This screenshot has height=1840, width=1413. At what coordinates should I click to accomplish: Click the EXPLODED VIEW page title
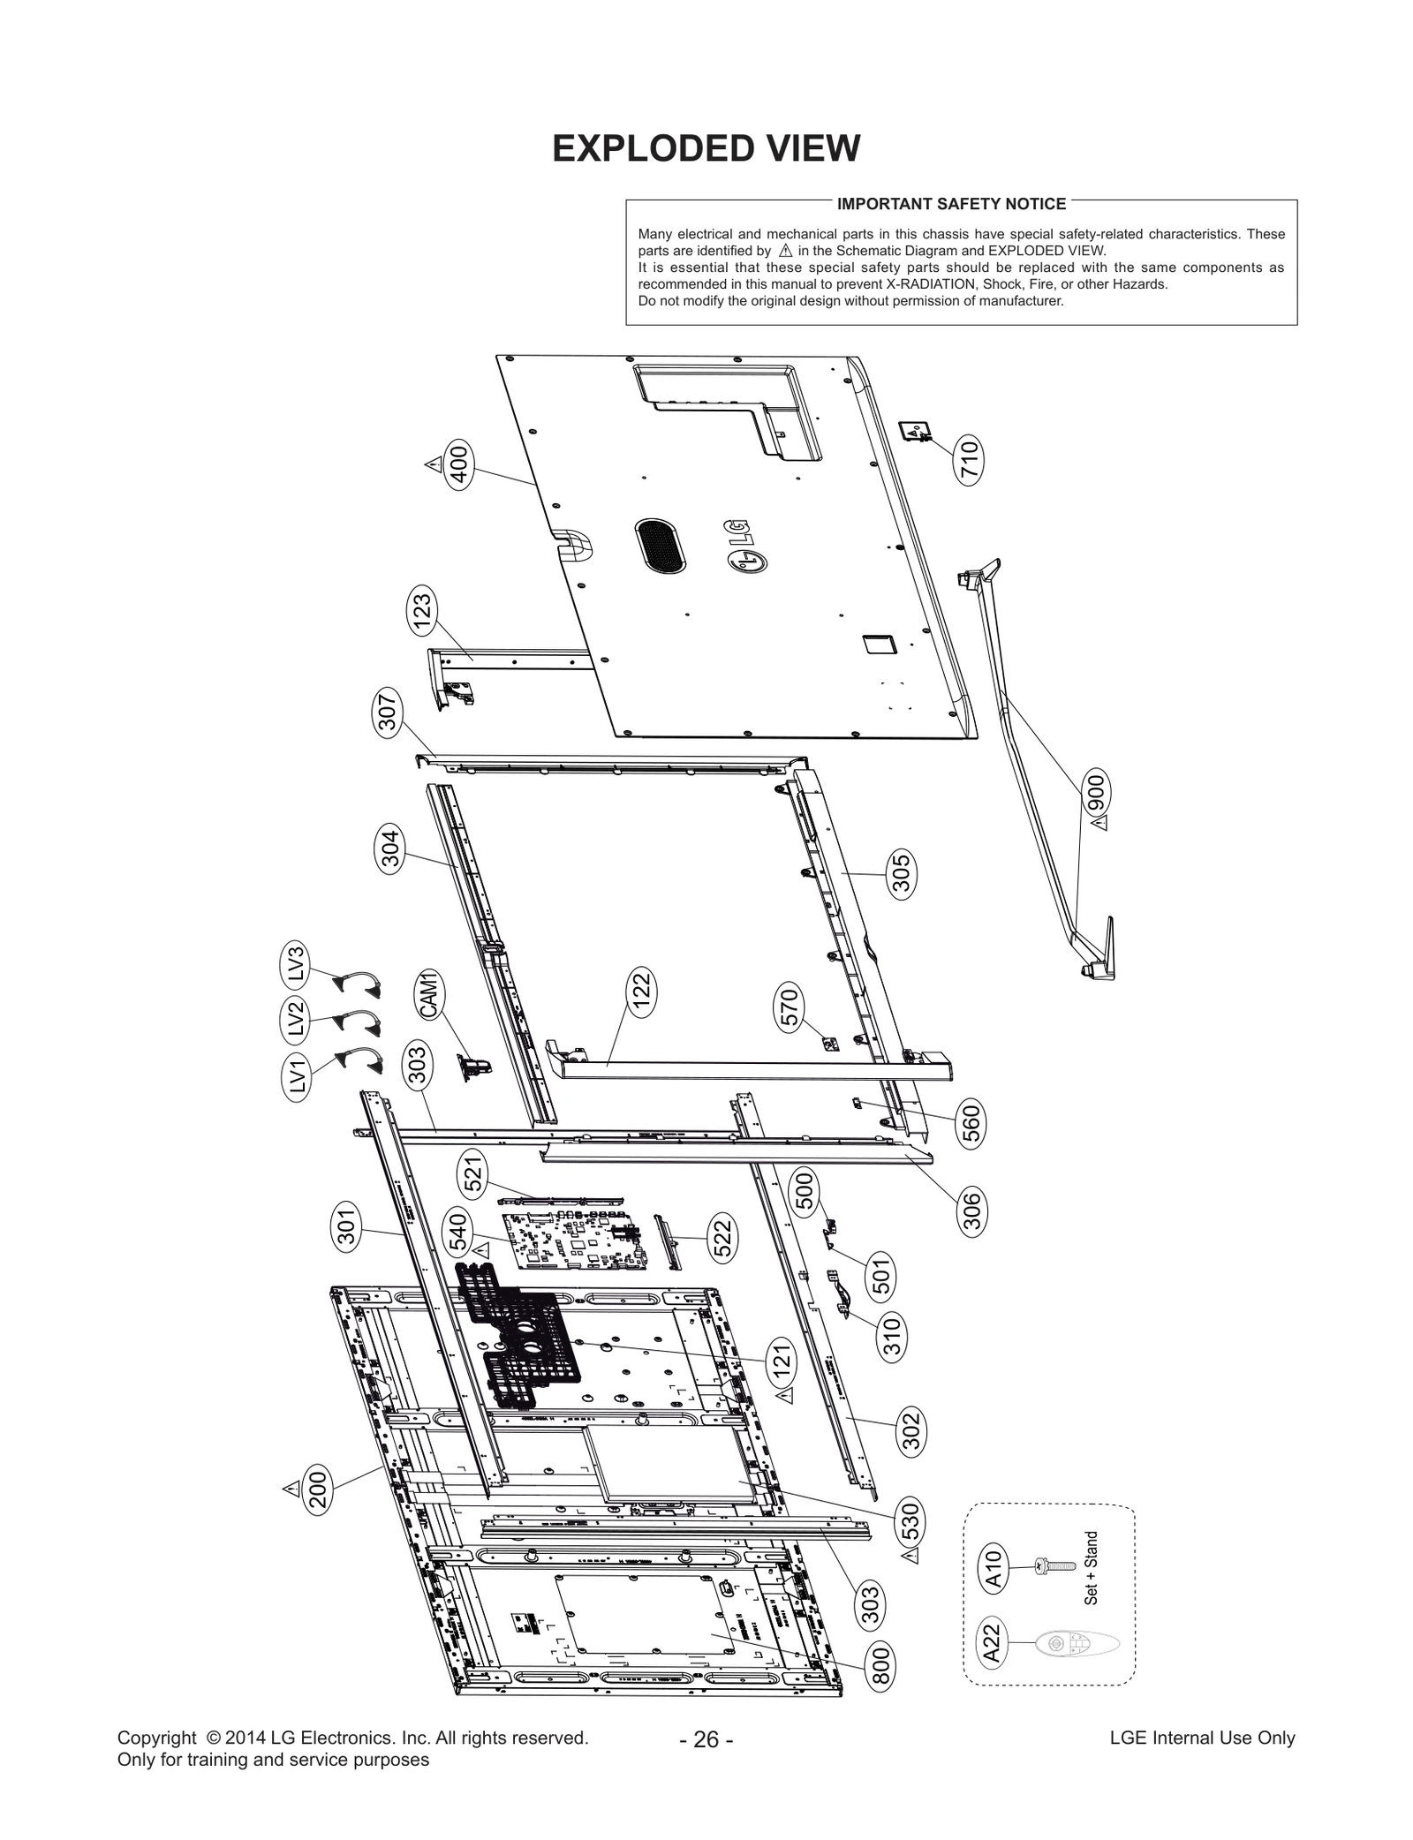(x=706, y=148)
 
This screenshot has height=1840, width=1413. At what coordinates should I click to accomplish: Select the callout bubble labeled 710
(x=969, y=459)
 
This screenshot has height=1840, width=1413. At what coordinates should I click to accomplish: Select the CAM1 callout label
(x=428, y=994)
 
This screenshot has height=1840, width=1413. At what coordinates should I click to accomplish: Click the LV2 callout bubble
(x=296, y=1018)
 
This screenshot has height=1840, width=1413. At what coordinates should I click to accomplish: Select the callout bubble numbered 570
(x=790, y=1008)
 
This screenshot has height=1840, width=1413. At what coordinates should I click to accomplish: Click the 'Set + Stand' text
(x=1092, y=1568)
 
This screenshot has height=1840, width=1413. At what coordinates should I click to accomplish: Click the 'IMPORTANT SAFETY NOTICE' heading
(x=951, y=204)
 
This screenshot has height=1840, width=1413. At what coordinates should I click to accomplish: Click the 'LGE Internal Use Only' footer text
(x=1202, y=1738)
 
